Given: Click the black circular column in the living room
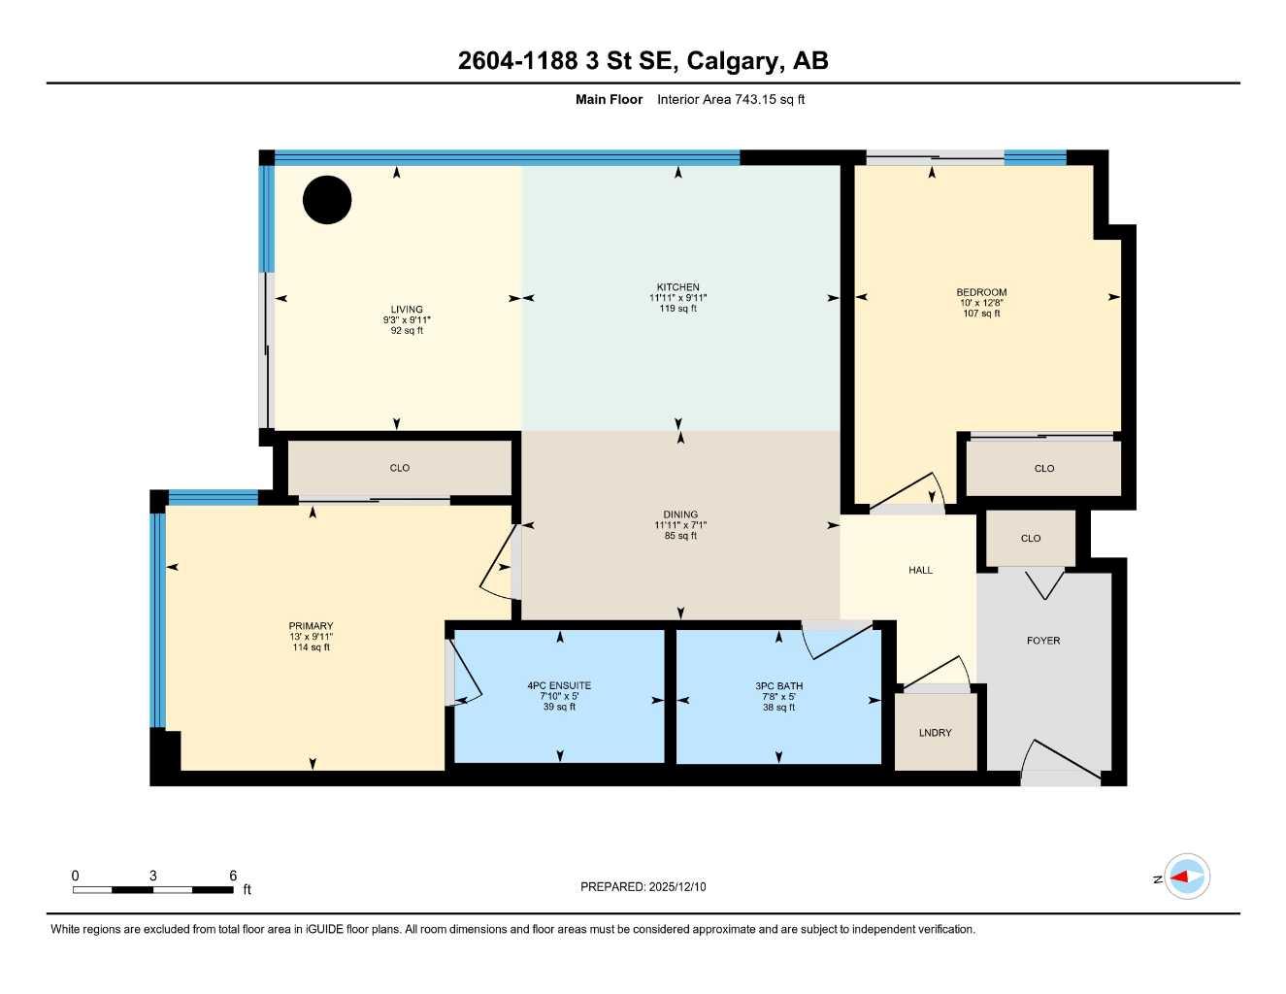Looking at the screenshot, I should tap(327, 200).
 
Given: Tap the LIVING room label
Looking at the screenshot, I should tap(406, 310).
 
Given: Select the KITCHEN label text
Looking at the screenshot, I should tap(677, 287).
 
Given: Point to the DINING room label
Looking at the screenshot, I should tap(680, 514).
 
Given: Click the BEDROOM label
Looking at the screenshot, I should tap(981, 292).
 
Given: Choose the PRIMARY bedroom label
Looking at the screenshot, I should tap(311, 626).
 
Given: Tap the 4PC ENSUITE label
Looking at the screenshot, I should tap(559, 685).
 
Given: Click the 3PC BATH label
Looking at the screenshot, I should tap(778, 685).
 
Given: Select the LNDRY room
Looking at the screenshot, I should tap(935, 733).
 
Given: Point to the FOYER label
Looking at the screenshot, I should tap(1043, 641).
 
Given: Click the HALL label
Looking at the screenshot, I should tap(920, 570).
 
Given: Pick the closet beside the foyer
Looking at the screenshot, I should tap(1031, 538).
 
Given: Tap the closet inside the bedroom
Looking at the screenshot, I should tap(1044, 468).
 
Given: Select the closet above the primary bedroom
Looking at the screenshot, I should tap(400, 468).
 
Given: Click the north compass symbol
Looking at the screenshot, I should tap(1186, 878).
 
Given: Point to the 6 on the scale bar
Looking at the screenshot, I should tap(233, 876).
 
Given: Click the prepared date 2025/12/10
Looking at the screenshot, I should tap(677, 886).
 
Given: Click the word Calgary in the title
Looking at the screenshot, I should tap(734, 60).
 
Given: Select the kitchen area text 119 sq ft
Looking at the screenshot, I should tap(677, 309).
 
